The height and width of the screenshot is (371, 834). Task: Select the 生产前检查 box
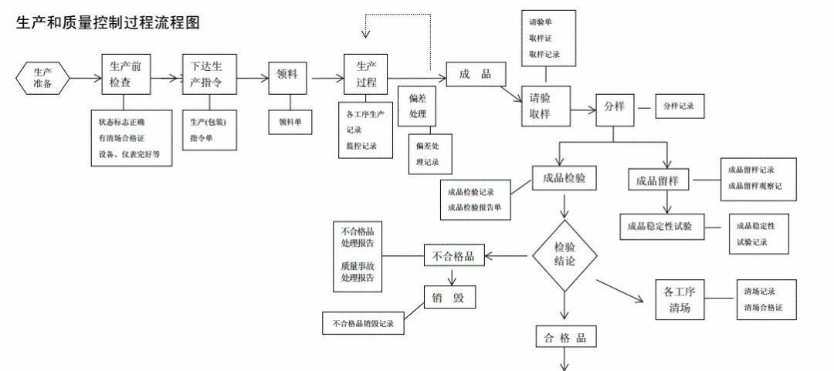[x=124, y=74]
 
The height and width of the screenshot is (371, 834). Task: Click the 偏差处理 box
[x=418, y=106]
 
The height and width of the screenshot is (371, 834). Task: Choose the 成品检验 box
[x=564, y=177]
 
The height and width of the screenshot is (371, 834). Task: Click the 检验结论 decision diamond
[x=565, y=255]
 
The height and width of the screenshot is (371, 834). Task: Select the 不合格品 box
[x=454, y=255]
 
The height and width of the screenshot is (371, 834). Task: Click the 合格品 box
[x=566, y=338]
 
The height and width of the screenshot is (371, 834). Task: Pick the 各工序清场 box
[x=681, y=301]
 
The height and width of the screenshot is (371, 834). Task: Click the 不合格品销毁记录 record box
[x=364, y=323]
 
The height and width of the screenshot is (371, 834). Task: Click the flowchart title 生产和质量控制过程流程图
[x=108, y=23]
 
